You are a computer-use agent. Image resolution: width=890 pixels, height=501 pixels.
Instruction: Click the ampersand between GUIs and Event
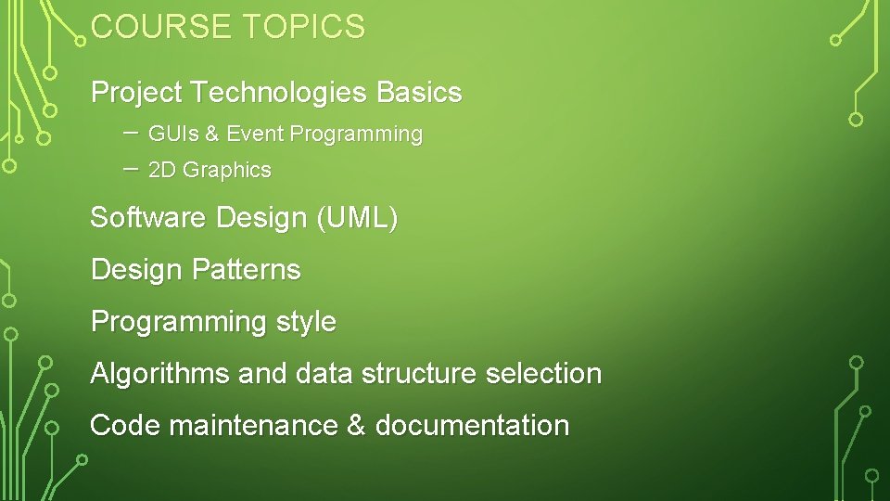click(211, 135)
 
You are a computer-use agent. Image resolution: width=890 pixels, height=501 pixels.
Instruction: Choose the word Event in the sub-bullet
click(255, 135)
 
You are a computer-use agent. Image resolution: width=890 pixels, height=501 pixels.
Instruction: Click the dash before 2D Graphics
click(130, 169)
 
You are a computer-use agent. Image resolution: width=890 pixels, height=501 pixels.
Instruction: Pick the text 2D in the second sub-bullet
click(162, 171)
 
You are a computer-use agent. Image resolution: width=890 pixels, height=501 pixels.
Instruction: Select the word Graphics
click(227, 171)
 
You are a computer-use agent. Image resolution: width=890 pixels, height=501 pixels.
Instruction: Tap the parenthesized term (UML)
click(357, 219)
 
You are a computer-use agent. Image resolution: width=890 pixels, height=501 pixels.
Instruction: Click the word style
click(306, 323)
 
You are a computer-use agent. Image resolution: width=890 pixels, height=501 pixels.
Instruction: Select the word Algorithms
click(159, 374)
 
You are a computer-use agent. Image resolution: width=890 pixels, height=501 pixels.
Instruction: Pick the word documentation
click(472, 426)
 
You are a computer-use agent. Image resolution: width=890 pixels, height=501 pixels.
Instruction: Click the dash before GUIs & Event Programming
click(130, 133)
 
